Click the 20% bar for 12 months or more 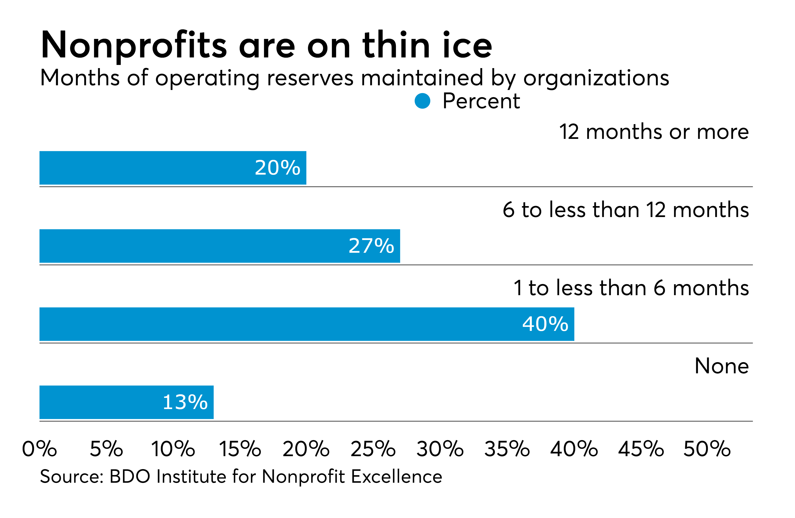173,168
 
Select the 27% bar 220,246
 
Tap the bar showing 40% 307,324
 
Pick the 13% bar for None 126,402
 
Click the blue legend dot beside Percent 422,101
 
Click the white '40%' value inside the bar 545,324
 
